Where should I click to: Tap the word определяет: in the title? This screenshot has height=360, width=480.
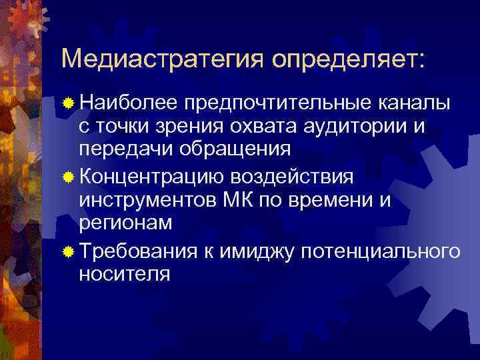click(x=347, y=59)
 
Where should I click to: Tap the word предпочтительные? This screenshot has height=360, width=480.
click(x=277, y=105)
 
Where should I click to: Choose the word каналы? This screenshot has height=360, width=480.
click(x=414, y=105)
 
